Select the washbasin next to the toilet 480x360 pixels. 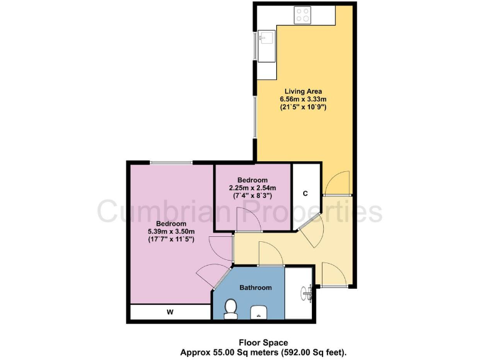[x=257, y=312]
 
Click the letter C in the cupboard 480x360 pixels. [x=305, y=193]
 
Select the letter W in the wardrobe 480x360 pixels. [x=169, y=312]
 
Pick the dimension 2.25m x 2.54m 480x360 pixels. [x=252, y=188]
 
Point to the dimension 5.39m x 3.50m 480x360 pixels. [x=171, y=231]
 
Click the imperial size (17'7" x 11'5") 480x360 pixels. [x=171, y=239]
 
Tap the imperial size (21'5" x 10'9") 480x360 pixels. [x=304, y=107]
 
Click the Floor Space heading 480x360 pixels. [x=262, y=342]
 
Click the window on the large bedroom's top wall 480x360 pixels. [x=171, y=163]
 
